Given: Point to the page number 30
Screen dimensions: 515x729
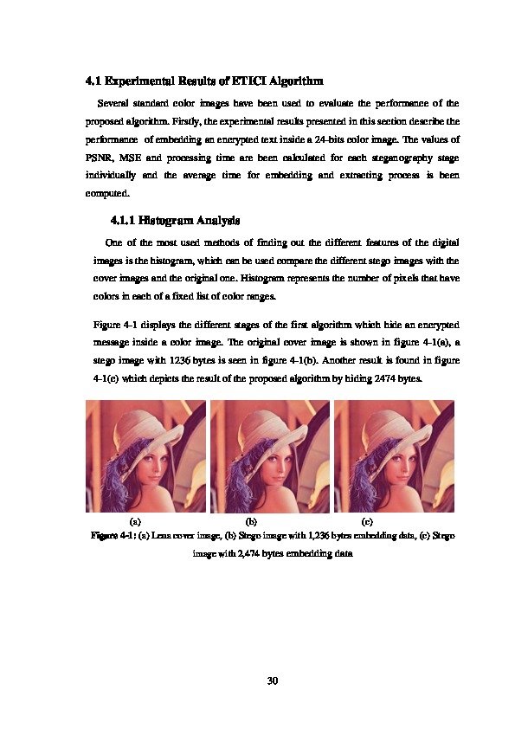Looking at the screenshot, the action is click(272, 681).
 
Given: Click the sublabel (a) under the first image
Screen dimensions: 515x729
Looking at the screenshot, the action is click(135, 522).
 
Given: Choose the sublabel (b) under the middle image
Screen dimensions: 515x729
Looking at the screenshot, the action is click(252, 522).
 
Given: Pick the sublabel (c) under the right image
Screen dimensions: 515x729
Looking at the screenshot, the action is click(367, 522).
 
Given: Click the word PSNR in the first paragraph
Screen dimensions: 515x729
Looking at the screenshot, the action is click(100, 158).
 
